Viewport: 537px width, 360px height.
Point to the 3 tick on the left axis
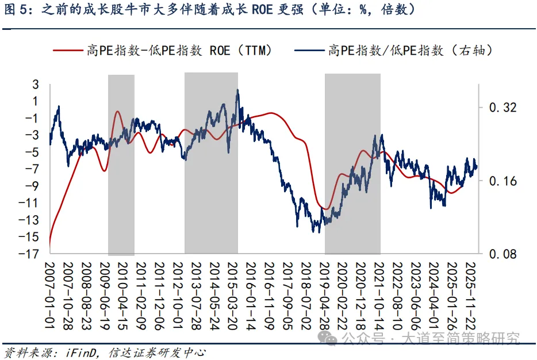[x=36, y=85]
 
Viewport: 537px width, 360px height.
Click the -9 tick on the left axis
[x=33, y=186]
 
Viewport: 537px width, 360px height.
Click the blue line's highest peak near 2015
[x=237, y=91]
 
